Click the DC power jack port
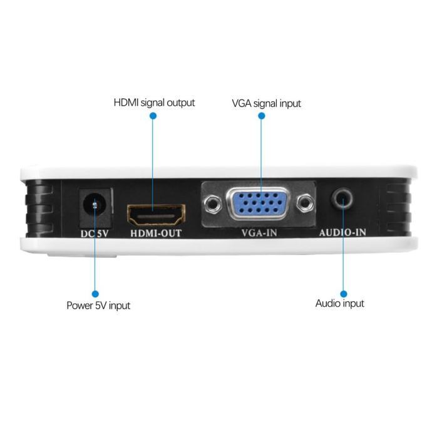[95, 205]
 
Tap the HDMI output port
[157, 214]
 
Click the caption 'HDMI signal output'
[154, 102]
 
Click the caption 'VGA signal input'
[266, 103]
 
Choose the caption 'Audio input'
[339, 304]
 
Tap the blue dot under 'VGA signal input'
[261, 116]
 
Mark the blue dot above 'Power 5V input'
[95, 293]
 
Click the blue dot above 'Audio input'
[343, 293]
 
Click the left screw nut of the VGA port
[214, 202]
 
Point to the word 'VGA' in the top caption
[242, 103]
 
